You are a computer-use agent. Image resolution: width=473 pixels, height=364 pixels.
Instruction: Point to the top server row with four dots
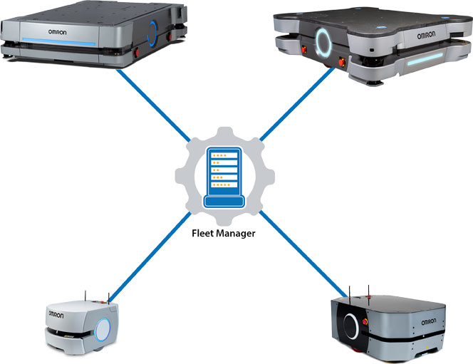pyautogui.click(x=224, y=155)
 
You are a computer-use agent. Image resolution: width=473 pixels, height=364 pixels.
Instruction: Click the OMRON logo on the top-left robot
pyautogui.click(x=60, y=31)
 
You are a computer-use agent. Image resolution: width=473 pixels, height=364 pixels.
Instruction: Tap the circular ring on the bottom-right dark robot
pyautogui.click(x=350, y=328)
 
